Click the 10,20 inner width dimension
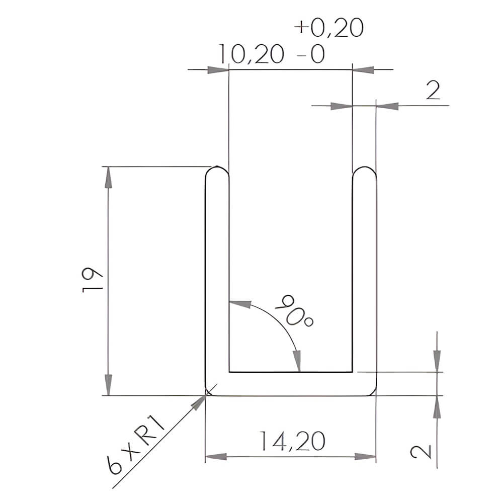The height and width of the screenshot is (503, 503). point(251,54)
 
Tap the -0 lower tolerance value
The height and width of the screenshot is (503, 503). point(311,55)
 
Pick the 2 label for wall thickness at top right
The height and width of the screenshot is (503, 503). point(433,92)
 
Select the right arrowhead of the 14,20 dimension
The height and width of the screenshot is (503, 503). point(365,457)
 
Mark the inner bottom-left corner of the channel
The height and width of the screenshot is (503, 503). point(230,372)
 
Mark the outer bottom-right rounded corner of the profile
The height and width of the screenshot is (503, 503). point(373,392)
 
